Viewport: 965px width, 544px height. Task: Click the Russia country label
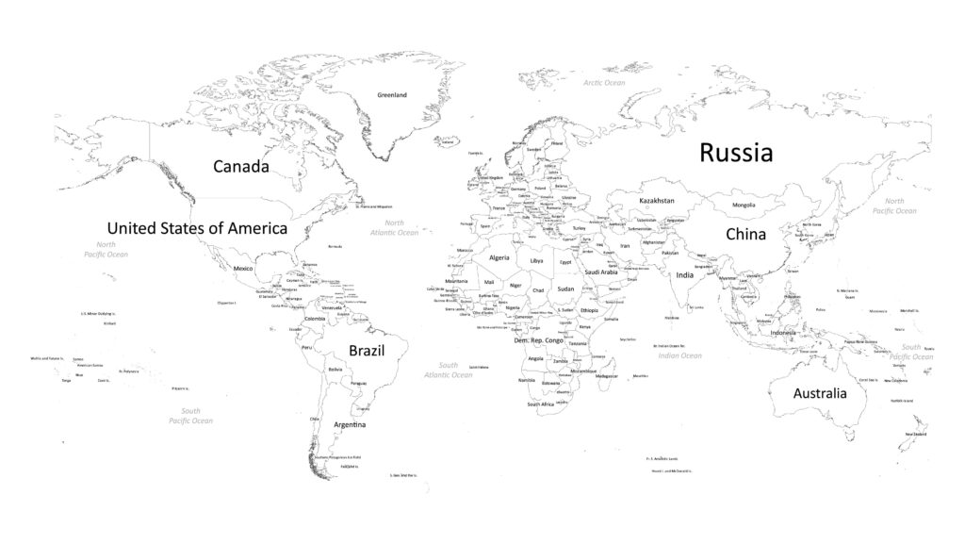736,153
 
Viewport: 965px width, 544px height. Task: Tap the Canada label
241,167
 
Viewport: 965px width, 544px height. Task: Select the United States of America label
197,228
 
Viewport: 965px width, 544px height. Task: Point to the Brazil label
367,350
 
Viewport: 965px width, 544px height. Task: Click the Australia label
819,393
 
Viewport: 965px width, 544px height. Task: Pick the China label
745,234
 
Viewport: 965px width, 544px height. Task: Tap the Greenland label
392,95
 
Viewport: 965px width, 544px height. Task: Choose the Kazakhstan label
657,201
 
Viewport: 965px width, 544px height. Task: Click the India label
685,275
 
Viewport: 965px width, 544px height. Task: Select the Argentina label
350,425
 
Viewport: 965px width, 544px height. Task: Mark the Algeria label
499,257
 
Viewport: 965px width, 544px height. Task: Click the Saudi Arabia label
601,272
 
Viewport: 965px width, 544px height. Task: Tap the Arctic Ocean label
604,83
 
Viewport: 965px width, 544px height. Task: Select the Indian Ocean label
679,355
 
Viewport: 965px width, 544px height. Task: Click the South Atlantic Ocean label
449,370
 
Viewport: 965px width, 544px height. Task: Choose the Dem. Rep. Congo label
538,340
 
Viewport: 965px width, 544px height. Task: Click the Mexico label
243,269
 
